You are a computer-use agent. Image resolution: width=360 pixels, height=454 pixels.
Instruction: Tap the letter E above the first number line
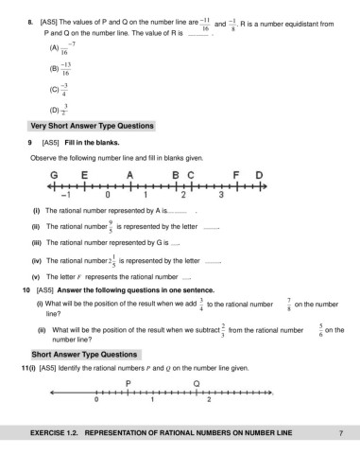pyautogui.click(x=86, y=175)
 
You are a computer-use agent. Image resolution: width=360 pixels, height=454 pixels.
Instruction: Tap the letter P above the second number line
pyautogui.click(x=129, y=383)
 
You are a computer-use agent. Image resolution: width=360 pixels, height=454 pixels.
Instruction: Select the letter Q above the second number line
pyautogui.click(x=197, y=383)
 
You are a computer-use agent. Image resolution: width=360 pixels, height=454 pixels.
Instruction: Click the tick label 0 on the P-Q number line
pyautogui.click(x=95, y=401)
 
